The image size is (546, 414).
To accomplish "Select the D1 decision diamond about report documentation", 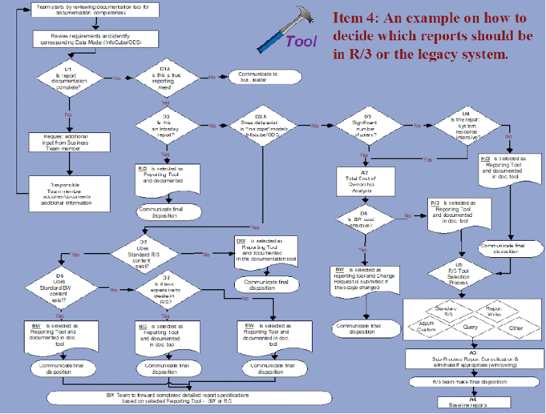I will coord(68,78).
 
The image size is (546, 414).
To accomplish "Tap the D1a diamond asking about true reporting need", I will coord(165,78).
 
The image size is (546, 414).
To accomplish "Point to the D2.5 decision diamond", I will coord(269,125).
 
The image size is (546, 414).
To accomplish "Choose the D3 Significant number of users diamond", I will coord(367,125).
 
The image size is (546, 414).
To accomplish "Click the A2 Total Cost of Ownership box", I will coord(365,183).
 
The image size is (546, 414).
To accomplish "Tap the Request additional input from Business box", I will coord(68,141).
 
